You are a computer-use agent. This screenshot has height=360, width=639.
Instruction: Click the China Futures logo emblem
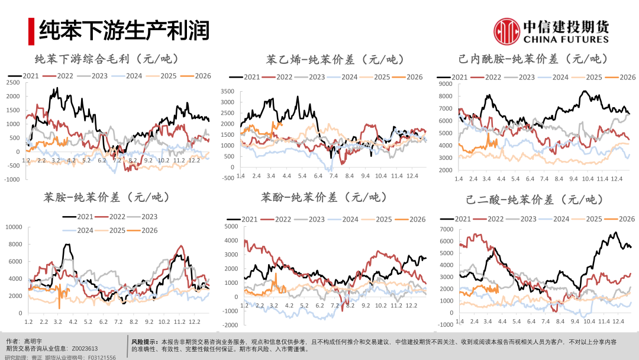click(506, 31)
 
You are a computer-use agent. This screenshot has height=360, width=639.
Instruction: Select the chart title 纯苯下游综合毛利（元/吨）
click(106, 59)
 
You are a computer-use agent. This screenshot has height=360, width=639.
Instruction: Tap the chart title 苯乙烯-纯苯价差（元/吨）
click(335, 59)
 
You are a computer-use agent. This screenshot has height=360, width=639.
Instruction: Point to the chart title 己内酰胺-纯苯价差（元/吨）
click(532, 59)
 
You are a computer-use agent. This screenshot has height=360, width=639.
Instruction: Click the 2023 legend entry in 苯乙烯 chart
click(311, 77)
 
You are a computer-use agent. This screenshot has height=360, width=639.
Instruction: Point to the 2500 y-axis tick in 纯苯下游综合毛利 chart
click(13, 82)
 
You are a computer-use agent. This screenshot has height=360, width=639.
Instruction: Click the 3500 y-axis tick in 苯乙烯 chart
click(228, 92)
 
